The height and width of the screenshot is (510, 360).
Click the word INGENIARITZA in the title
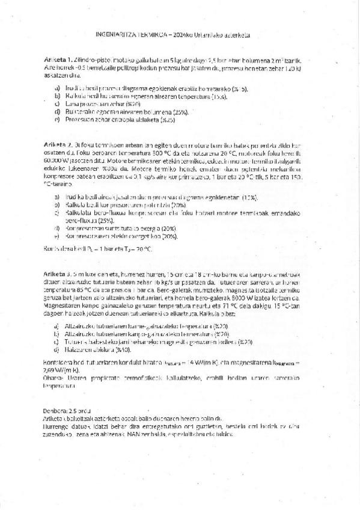tap(117, 36)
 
